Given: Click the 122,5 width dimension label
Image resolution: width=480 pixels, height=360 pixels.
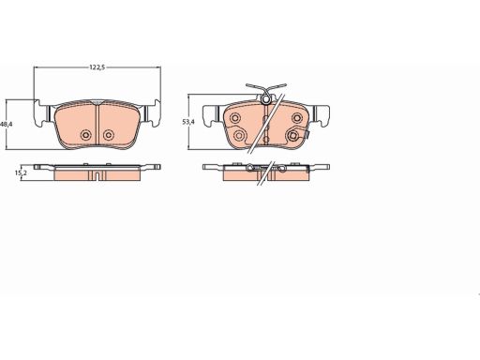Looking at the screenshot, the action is coord(97,67).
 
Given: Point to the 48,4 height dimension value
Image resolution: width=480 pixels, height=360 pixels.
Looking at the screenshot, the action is coord(6,124).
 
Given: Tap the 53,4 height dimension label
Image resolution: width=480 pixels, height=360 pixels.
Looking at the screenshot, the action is coord(188,122).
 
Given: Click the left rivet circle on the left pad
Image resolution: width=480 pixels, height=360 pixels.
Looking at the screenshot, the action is coord(85,135).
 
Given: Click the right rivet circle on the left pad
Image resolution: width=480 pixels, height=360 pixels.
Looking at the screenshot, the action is coord(109,135).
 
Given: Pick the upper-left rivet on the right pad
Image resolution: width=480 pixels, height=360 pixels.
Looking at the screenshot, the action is coord(234,118).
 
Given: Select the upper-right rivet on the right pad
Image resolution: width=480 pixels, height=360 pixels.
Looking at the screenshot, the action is coord(296,118).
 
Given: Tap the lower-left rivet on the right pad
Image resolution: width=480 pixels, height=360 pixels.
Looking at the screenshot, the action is coord(239,135).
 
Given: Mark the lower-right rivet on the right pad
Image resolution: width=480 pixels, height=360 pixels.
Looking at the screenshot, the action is coord(292,135).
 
